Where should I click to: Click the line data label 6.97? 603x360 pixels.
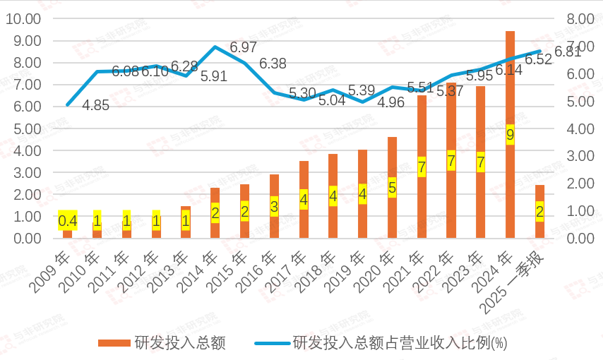pos(244,48)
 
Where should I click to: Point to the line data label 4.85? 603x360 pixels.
pos(95,106)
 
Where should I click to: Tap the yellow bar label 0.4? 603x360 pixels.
pos(67,221)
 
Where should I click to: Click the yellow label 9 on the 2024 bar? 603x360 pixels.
pos(510,135)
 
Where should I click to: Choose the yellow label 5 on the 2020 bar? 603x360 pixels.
pos(392,188)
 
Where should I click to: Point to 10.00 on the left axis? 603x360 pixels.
pos(23,18)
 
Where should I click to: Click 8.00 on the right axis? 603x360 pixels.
pos(576,18)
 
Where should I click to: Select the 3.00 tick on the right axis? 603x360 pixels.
pos(576,156)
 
